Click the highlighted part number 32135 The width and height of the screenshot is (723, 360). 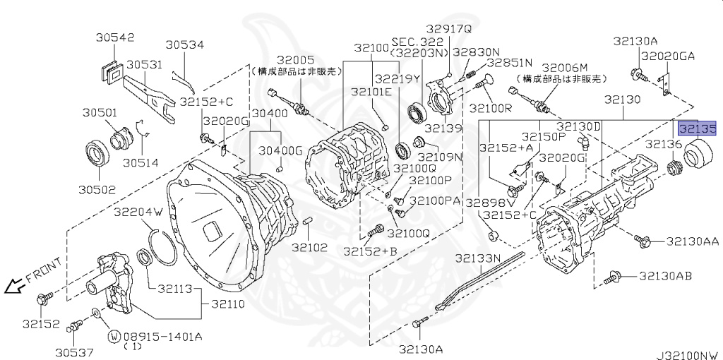[x=697, y=129]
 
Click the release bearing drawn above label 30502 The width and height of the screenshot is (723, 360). [x=96, y=155]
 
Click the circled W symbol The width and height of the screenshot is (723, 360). [x=112, y=336]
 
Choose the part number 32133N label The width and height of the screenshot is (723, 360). [x=477, y=258]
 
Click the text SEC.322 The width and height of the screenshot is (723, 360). [x=412, y=42]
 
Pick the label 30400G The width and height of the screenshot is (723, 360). [x=280, y=150]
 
